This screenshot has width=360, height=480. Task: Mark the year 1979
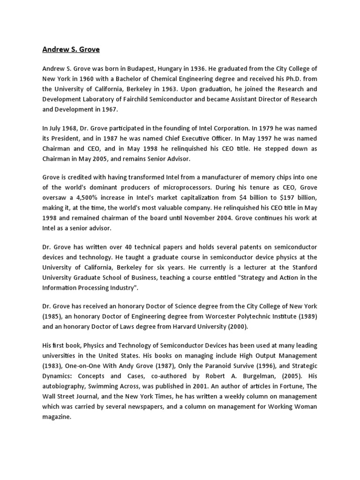[x=260, y=127]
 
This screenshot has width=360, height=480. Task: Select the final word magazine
[x=56, y=417]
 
